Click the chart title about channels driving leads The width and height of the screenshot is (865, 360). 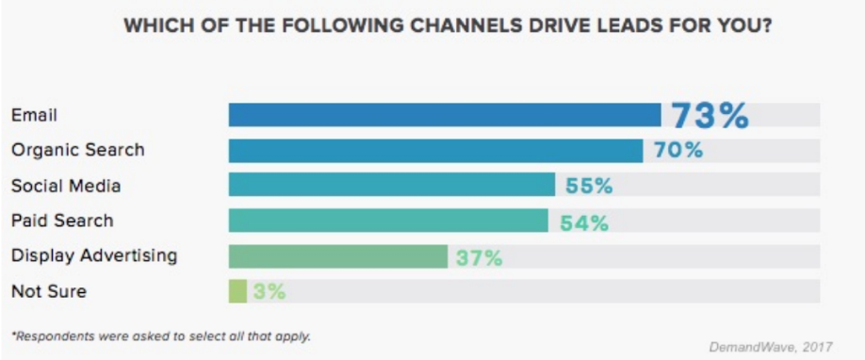pyautogui.click(x=449, y=26)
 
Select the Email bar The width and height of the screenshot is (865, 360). pyautogui.click(x=444, y=115)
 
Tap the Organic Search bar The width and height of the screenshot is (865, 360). pyautogui.click(x=434, y=151)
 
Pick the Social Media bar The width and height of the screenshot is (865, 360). pyautogui.click(x=391, y=186)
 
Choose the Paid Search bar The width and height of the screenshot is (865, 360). pyautogui.click(x=387, y=221)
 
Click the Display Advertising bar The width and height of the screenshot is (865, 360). pyautogui.click(x=337, y=256)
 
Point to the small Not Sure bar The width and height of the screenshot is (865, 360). pyautogui.click(x=237, y=291)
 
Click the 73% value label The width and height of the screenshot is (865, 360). pyautogui.click(x=710, y=116)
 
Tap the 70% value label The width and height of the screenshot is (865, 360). pyautogui.click(x=678, y=151)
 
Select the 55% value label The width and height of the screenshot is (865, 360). pyautogui.click(x=589, y=187)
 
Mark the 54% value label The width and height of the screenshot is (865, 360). pyautogui.click(x=584, y=222)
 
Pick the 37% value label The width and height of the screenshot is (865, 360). pyautogui.click(x=479, y=257)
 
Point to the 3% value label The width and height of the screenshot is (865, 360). pyautogui.click(x=269, y=292)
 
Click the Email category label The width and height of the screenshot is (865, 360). pyautogui.click(x=34, y=115)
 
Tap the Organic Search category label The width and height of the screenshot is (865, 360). pyautogui.click(x=77, y=151)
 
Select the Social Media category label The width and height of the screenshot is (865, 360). pyautogui.click(x=66, y=186)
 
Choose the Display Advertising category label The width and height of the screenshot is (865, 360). pyautogui.click(x=94, y=255)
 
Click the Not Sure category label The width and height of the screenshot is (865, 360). pyautogui.click(x=49, y=291)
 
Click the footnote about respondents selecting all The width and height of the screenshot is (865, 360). pyautogui.click(x=161, y=335)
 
